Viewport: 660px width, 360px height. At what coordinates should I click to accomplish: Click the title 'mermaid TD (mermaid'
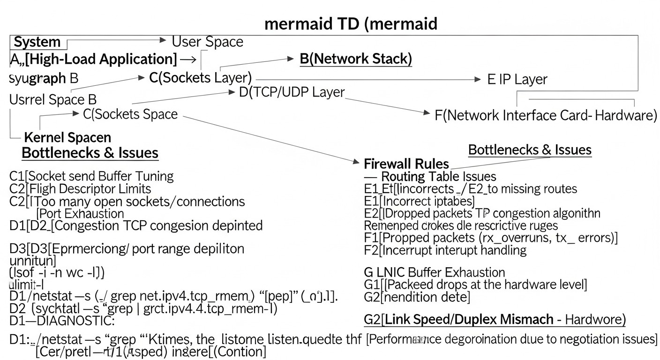pos(351,23)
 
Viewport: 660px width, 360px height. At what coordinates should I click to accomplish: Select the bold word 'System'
pos(37,42)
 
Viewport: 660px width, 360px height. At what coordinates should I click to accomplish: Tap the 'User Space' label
pos(207,42)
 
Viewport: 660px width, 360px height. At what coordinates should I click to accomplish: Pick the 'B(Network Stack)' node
pos(356,59)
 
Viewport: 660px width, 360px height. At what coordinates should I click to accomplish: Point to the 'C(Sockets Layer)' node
pos(200,78)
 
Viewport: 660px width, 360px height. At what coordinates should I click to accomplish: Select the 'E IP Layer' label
pos(517,80)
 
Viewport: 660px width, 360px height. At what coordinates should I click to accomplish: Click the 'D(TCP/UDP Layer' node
pos(292,92)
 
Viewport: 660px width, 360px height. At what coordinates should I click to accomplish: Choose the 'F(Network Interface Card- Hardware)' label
pos(546,115)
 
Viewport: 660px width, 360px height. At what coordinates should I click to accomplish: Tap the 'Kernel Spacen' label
pos(67,137)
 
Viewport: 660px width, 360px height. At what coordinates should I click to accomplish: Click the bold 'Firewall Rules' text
pos(406,164)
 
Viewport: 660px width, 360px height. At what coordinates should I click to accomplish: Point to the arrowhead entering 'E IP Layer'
pos(478,80)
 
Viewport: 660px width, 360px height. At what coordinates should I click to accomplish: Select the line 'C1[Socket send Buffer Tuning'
pos(91,176)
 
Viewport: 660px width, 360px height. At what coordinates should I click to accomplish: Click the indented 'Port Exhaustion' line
pos(80,214)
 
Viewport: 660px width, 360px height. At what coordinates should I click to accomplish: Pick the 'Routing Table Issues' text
pos(438,177)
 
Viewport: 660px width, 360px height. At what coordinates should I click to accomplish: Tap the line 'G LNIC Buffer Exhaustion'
pos(434,272)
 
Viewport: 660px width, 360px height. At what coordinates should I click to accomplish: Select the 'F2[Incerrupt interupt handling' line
pos(445,250)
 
